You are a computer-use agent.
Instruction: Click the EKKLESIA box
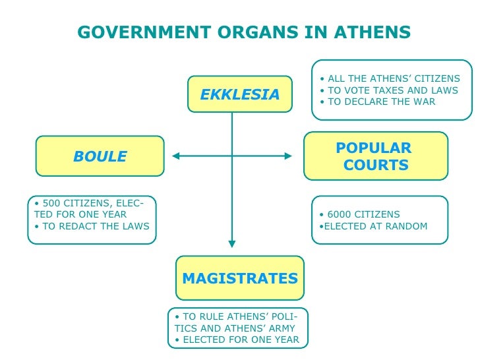pyautogui.click(x=239, y=94)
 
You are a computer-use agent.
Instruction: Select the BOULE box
pyautogui.click(x=100, y=156)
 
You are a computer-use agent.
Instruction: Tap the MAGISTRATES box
pyautogui.click(x=239, y=278)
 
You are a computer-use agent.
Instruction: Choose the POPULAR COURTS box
pyautogui.click(x=375, y=156)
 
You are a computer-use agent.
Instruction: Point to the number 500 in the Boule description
pyautogui.click(x=50, y=203)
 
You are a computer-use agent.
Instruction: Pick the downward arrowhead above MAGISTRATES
pyautogui.click(x=232, y=243)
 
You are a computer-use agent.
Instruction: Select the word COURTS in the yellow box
pyautogui.click(x=376, y=165)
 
